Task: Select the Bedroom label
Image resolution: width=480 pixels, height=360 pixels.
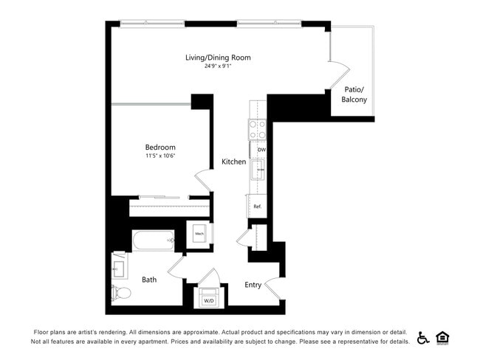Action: (160, 147)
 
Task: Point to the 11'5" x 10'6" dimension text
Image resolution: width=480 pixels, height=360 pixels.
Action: (160, 156)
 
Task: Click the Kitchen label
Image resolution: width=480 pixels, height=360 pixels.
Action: (234, 162)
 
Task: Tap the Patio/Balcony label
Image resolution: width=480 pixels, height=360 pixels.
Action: (354, 94)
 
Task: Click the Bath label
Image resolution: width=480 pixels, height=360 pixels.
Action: (149, 280)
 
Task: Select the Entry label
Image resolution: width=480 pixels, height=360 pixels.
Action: (253, 285)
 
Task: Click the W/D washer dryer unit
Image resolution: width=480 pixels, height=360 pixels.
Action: (209, 298)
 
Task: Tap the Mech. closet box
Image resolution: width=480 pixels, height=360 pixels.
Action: (199, 235)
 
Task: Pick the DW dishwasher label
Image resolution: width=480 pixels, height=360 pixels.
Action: (261, 150)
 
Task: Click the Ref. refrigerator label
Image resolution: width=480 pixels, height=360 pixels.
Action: (257, 206)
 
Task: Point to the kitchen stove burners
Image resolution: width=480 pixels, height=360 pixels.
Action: (257, 131)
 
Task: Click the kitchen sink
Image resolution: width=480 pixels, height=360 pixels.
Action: (258, 170)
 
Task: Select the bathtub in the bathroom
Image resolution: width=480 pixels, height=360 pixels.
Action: (153, 240)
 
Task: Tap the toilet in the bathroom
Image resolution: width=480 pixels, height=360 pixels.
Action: (122, 293)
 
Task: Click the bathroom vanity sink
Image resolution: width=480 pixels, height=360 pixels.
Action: (119, 267)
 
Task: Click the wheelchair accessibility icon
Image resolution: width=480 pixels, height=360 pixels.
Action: (424, 337)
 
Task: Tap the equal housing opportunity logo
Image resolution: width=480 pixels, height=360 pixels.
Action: (443, 337)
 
